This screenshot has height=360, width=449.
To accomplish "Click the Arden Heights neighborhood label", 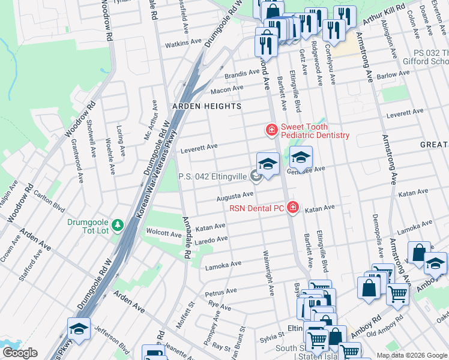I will (206, 106).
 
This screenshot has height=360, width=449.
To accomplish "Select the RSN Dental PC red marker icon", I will (292, 207).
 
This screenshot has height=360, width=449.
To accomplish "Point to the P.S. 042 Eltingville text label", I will (212, 177).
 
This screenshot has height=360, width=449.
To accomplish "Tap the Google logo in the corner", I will (20, 353).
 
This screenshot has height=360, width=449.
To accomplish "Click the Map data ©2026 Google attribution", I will (412, 355).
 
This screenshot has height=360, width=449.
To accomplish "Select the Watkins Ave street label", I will (184, 43).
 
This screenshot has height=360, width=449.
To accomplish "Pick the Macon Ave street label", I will (226, 89).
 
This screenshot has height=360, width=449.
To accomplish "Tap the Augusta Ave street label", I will (235, 196).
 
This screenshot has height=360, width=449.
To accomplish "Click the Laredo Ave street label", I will (214, 239).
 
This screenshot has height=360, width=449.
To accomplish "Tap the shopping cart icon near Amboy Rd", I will (397, 294).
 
